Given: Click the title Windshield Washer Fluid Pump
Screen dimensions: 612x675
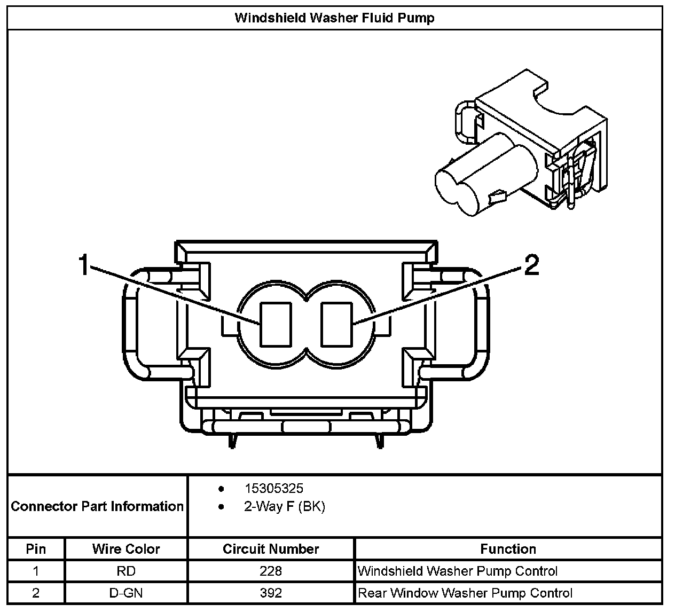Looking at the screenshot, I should tap(334, 18).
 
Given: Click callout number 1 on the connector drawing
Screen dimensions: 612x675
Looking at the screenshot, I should tap(84, 265).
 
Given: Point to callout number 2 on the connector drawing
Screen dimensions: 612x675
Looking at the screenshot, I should tap(531, 265).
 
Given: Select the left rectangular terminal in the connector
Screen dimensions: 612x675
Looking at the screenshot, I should tap(275, 324).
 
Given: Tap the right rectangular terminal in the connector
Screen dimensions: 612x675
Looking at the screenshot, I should tap(336, 324).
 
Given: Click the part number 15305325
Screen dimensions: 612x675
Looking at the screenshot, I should tap(273, 488).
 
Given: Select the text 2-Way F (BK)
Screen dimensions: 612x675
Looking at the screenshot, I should tap(284, 506).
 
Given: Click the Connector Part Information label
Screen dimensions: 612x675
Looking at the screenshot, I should tap(97, 506).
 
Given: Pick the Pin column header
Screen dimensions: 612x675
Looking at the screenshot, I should tap(36, 549).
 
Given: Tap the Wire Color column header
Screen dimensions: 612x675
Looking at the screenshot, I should tap(126, 549).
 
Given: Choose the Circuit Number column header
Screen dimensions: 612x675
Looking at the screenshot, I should tap(271, 549).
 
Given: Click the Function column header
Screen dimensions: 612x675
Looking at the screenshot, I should tap(508, 549).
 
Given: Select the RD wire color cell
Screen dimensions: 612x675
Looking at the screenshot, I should tap(126, 571).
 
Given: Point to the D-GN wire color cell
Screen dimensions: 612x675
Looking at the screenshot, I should tap(126, 593).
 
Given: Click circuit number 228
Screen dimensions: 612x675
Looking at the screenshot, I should tap(271, 571).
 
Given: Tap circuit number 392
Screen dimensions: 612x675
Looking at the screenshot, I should tap(271, 593).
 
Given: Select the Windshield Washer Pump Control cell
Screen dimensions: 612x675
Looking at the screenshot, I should tap(458, 571).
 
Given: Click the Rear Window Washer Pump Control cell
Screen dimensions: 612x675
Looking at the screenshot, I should tap(465, 593).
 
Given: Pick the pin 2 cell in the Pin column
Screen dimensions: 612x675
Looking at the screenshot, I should tap(36, 593).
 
